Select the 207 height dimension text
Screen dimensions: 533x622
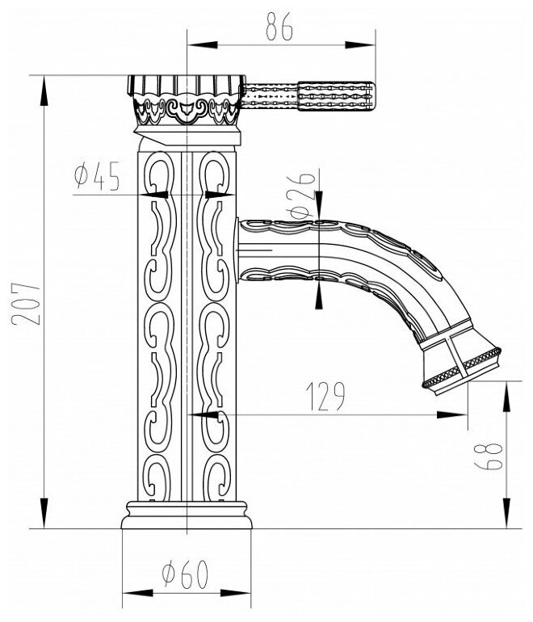[23, 302]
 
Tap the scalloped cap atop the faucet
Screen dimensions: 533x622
[185, 84]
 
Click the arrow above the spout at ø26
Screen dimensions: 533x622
[319, 208]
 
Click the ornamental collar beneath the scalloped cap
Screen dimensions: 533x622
[187, 113]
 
